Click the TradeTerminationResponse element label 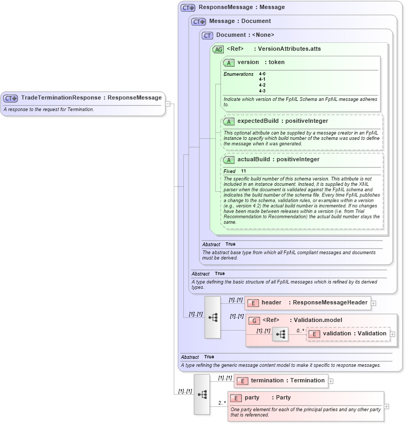click(x=91, y=98)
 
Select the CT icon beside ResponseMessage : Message click(x=188, y=7)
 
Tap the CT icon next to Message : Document click(x=199, y=21)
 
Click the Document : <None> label click(x=245, y=35)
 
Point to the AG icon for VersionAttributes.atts click(x=218, y=49)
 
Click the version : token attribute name click(x=261, y=62)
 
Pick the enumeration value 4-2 click(x=262, y=85)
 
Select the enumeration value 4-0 click(x=262, y=74)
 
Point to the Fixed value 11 click(x=244, y=171)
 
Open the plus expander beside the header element click(x=374, y=303)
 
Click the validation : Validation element click(x=354, y=334)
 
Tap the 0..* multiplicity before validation click(x=301, y=330)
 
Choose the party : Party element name click(x=268, y=398)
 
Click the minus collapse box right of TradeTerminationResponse click(x=168, y=104)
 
